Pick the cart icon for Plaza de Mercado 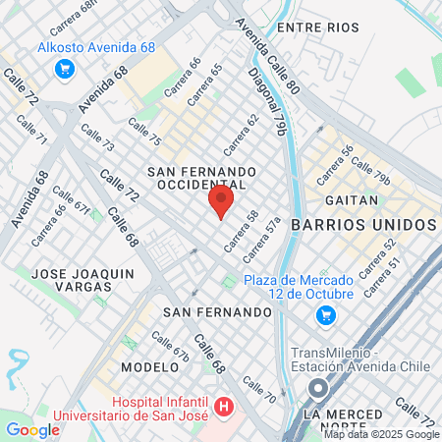tap(325, 315)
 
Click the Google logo tap(32, 429)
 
